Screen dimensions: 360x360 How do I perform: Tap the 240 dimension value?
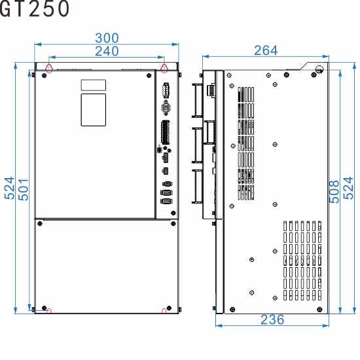107,51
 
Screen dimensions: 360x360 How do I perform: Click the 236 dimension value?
272,319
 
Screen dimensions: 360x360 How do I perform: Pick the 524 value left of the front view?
9,190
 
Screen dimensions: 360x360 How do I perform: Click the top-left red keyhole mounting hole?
49,67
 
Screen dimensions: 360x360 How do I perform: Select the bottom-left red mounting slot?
49,310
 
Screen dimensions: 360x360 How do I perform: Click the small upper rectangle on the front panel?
93,85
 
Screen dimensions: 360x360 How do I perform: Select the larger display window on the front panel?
93,109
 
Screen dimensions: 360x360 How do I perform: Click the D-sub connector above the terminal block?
166,109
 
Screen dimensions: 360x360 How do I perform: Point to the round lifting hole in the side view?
319,69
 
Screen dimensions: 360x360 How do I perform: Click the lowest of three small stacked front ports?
166,202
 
